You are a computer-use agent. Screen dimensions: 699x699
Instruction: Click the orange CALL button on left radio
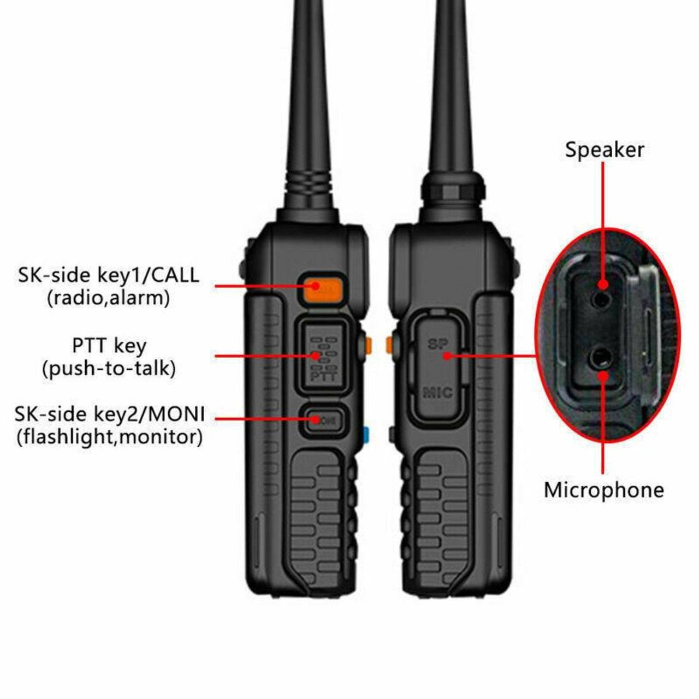coord(321,288)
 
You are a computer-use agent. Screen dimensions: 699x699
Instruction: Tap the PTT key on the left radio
coord(323,356)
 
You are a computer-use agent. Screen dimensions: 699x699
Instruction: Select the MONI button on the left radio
coord(324,420)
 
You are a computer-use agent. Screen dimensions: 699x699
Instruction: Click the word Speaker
coord(604,150)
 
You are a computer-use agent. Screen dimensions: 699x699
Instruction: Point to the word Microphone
coord(603,490)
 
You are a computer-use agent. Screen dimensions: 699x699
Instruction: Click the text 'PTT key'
coord(109,346)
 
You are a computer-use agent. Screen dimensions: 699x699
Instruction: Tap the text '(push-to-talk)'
coord(109,369)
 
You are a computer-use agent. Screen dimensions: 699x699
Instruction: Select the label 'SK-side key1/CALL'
coord(109,275)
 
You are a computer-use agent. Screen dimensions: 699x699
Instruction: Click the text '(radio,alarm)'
coord(109,298)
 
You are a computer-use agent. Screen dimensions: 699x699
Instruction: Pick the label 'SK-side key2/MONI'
coord(110,414)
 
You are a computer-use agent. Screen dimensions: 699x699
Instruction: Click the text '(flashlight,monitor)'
coord(110,437)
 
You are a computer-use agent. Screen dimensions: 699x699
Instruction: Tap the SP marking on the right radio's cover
coord(438,344)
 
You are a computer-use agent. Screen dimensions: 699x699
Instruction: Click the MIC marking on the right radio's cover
coord(438,392)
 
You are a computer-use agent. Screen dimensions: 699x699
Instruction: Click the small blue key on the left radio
coord(366,435)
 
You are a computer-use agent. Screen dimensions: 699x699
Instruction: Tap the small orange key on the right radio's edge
coord(389,344)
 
